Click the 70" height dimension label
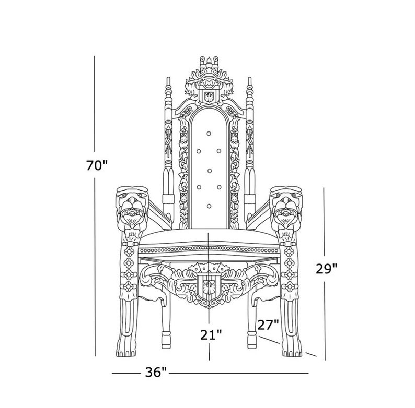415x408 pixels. [97, 166]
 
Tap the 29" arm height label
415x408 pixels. [327, 269]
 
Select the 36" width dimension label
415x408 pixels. [156, 373]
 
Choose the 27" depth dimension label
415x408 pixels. [268, 325]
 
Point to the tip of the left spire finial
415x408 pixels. [168, 78]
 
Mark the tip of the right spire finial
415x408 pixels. [249, 78]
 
